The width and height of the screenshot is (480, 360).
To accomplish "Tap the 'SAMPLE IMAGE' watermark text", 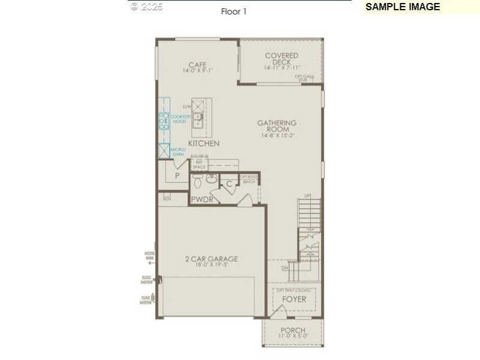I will click(x=403, y=7).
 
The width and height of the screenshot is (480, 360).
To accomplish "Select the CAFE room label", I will click(x=197, y=65).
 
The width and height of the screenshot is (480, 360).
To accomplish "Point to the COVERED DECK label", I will click(x=281, y=59).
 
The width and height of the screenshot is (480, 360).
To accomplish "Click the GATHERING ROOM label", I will click(x=277, y=126).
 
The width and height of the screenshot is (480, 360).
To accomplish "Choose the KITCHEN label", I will click(x=203, y=143).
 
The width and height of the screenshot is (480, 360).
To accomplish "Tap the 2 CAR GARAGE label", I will click(x=211, y=259).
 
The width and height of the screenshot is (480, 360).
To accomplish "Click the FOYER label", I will click(x=294, y=299).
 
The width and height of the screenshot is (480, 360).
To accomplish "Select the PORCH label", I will click(x=293, y=331).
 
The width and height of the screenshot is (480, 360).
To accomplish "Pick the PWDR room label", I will click(x=202, y=199).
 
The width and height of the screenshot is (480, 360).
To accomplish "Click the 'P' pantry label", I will click(x=177, y=176).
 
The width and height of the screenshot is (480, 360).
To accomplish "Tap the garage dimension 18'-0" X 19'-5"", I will click(x=211, y=266).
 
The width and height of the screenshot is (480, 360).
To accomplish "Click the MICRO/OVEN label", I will click(x=177, y=152).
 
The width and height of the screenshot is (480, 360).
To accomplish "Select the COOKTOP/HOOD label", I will click(x=179, y=119).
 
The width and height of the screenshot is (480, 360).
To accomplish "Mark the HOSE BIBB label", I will click(x=149, y=256).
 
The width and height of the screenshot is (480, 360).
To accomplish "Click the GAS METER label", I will click(x=145, y=300).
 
